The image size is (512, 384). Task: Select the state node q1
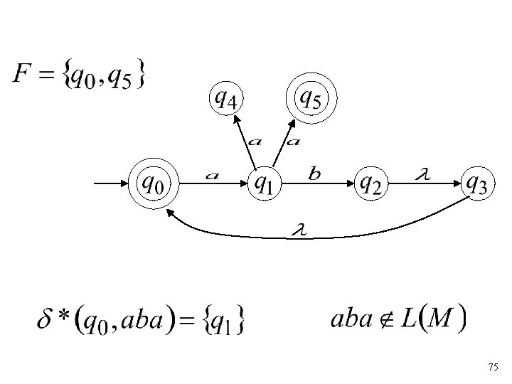(264, 183)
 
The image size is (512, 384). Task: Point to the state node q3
(476, 183)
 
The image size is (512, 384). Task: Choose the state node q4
(226, 99)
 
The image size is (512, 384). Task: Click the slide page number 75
(494, 367)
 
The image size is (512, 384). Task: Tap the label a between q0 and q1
(211, 174)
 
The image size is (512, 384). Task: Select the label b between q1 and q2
(315, 173)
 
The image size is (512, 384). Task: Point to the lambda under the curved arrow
(299, 230)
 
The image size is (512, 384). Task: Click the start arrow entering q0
(111, 183)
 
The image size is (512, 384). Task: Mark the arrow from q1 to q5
(282, 142)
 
